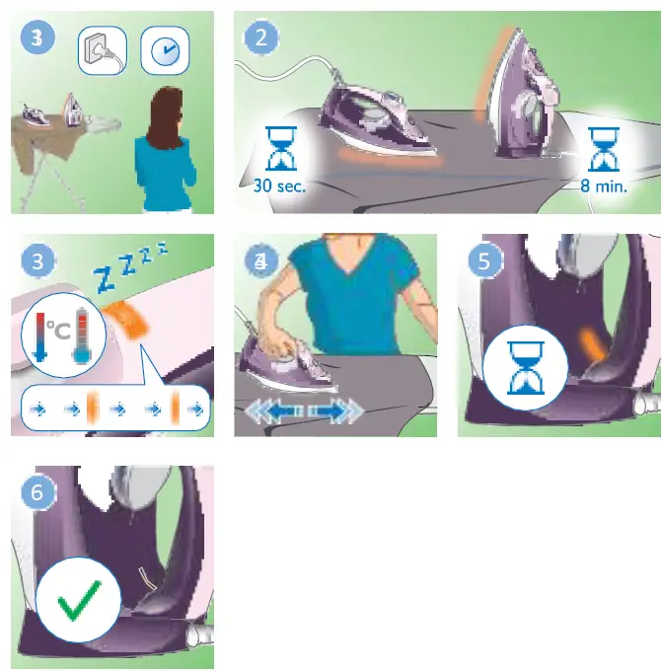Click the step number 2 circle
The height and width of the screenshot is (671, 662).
(261, 38)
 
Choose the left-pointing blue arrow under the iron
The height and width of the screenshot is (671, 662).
(270, 410)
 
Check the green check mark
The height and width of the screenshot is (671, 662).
(79, 599)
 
